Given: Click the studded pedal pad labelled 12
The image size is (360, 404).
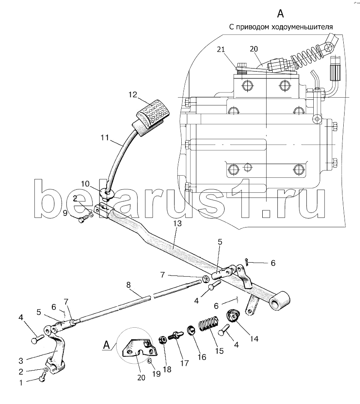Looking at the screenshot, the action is click(151, 117).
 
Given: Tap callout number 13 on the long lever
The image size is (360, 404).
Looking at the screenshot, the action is click(177, 223).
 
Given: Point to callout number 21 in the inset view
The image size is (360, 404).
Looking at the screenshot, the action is click(221, 49).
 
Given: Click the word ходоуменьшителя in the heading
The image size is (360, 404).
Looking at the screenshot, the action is click(302, 27).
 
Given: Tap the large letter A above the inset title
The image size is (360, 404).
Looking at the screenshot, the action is click(280, 13).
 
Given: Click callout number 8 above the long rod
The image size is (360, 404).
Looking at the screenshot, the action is click(128, 285).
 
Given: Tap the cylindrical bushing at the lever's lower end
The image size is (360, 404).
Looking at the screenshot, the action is click(280, 300).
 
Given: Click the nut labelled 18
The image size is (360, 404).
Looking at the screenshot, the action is click(163, 340).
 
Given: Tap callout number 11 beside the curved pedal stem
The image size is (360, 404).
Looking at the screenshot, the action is click(105, 138).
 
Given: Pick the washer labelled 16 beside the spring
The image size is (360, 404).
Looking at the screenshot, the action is click(191, 330).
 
